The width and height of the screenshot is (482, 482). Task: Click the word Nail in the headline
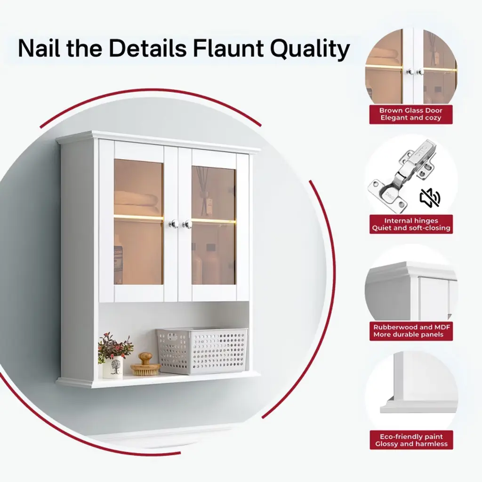[39, 48]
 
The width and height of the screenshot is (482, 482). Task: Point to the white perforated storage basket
[202, 350]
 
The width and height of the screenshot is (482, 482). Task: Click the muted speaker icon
[430, 198]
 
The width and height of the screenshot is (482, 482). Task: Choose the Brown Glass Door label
[410, 114]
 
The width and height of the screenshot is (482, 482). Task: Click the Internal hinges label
[411, 224]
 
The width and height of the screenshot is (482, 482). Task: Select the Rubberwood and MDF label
[411, 331]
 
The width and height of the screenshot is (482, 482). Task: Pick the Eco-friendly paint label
[411, 440]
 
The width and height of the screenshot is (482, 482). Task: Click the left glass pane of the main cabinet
[139, 221]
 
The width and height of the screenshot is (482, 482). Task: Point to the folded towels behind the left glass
[137, 202]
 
